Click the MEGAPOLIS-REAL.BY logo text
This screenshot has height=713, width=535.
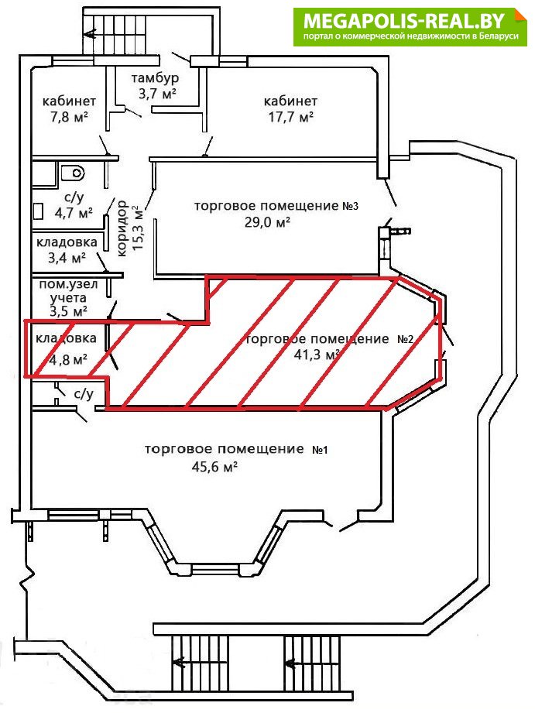[404, 20]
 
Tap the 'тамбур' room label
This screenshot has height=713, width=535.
[155, 77]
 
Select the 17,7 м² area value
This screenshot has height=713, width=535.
[290, 118]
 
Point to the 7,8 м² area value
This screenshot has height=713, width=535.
[70, 118]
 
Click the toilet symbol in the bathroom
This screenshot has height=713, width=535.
[74, 173]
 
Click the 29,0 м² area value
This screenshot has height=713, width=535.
[268, 222]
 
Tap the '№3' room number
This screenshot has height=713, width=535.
[350, 206]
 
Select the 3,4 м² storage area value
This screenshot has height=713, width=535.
[67, 258]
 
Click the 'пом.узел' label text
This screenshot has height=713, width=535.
[68, 285]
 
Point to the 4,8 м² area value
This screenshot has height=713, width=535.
[68, 360]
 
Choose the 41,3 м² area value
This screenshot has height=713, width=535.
[317, 355]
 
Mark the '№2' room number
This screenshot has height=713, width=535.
[406, 339]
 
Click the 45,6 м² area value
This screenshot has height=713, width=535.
[214, 467]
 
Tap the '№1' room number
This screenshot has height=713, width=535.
[320, 450]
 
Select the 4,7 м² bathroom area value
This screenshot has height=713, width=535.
[74, 212]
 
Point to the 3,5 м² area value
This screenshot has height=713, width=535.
[68, 312]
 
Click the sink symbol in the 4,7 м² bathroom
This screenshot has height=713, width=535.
[38, 211]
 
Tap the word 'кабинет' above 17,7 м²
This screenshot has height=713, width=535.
[290, 101]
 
